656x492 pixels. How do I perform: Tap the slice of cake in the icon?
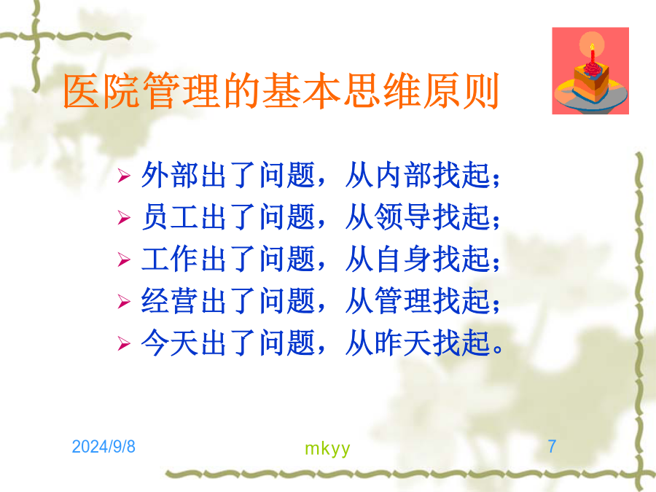(590, 82)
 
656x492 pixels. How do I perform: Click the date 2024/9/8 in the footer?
(104, 447)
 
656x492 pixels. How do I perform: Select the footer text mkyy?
(327, 448)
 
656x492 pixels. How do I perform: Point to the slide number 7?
(552, 446)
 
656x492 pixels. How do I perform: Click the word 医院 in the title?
(101, 91)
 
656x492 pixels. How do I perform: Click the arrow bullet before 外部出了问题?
(124, 176)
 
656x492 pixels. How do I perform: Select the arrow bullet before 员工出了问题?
(124, 217)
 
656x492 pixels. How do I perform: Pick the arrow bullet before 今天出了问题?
(124, 343)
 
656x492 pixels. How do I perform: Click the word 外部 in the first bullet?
(170, 175)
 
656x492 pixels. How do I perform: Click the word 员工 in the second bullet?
(170, 216)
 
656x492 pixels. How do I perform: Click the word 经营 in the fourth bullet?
(170, 300)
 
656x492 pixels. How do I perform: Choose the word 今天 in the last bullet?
(170, 343)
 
